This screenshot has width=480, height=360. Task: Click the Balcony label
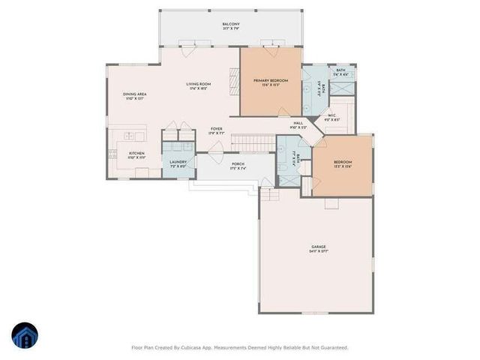pyautogui.click(x=230, y=25)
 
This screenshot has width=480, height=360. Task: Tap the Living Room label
pyautogui.click(x=199, y=84)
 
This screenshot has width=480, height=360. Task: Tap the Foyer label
pyautogui.click(x=217, y=129)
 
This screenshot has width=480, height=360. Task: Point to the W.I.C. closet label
pyautogui.click(x=331, y=115)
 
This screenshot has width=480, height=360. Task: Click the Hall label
pyautogui.click(x=298, y=123)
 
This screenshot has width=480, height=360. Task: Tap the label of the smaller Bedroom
pyautogui.click(x=343, y=162)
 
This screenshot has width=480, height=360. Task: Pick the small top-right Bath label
pyautogui.click(x=340, y=70)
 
